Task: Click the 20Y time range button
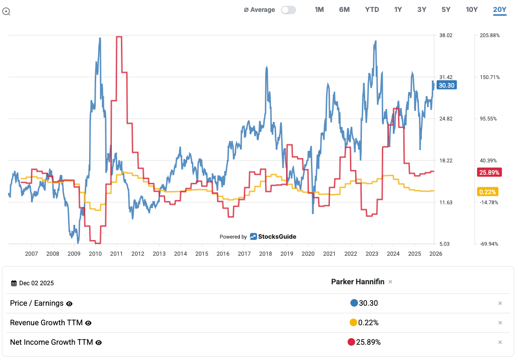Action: coord(499,10)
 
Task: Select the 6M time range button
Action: coord(344,10)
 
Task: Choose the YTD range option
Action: coord(372,10)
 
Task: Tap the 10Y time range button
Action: coord(471,10)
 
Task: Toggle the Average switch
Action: coord(288,10)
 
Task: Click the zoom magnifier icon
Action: coord(6,11)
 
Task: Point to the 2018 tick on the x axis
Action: coord(265,254)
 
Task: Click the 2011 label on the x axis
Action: coord(116,254)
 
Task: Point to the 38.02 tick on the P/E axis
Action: coord(446,35)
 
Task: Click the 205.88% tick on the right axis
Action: coord(489,35)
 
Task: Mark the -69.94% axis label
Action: coord(489,244)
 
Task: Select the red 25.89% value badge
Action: coord(489,172)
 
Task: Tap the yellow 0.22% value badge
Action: coord(487,192)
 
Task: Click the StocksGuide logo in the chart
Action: coord(273,237)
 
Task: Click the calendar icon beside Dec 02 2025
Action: coord(14,283)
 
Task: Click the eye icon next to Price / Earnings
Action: coord(69,303)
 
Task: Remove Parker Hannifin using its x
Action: coord(390,282)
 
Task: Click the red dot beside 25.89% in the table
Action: coord(351,342)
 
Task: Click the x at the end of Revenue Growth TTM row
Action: coord(500,323)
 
